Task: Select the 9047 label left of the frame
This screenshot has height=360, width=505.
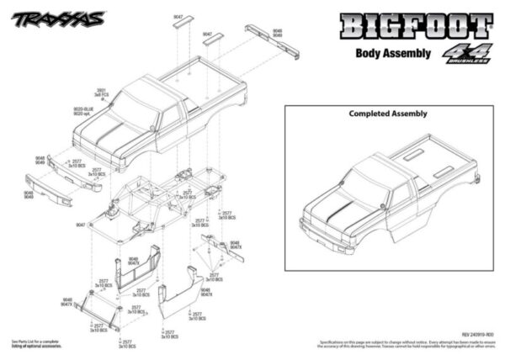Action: [x=81, y=225]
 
